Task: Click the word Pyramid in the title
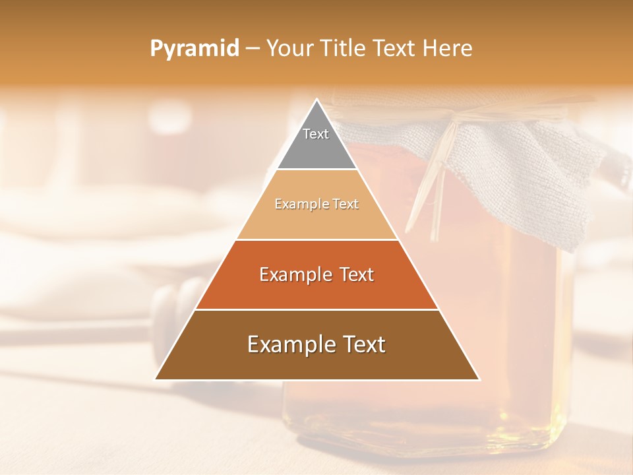[x=194, y=49]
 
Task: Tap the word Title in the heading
[x=343, y=49]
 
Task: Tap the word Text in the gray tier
[x=316, y=134]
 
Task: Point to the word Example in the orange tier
[x=295, y=274]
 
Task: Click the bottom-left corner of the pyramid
[x=156, y=379]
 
